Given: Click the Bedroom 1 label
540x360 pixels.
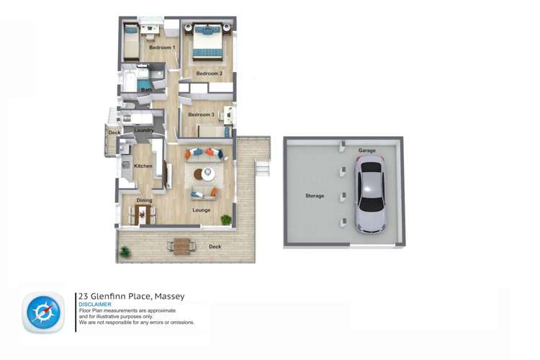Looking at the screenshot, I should (162, 48).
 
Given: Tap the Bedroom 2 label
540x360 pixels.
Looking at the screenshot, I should (209, 73).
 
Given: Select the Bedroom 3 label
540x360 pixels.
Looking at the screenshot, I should (202, 114).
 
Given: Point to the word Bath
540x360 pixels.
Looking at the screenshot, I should (146, 90).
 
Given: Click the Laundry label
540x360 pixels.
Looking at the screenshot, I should (144, 130).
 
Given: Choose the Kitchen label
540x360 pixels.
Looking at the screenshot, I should (143, 166).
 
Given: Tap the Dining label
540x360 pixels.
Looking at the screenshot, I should (144, 200).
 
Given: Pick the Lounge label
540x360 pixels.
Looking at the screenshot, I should (202, 210).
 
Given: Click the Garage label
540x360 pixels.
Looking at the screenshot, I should (367, 150).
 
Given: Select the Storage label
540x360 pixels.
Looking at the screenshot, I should (315, 195).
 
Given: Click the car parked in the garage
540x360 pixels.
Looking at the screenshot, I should (370, 196).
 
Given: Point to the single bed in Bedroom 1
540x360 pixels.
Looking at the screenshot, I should (131, 42).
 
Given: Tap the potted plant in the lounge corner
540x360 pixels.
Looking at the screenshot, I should (226, 219).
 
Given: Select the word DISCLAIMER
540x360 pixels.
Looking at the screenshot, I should (95, 305).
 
